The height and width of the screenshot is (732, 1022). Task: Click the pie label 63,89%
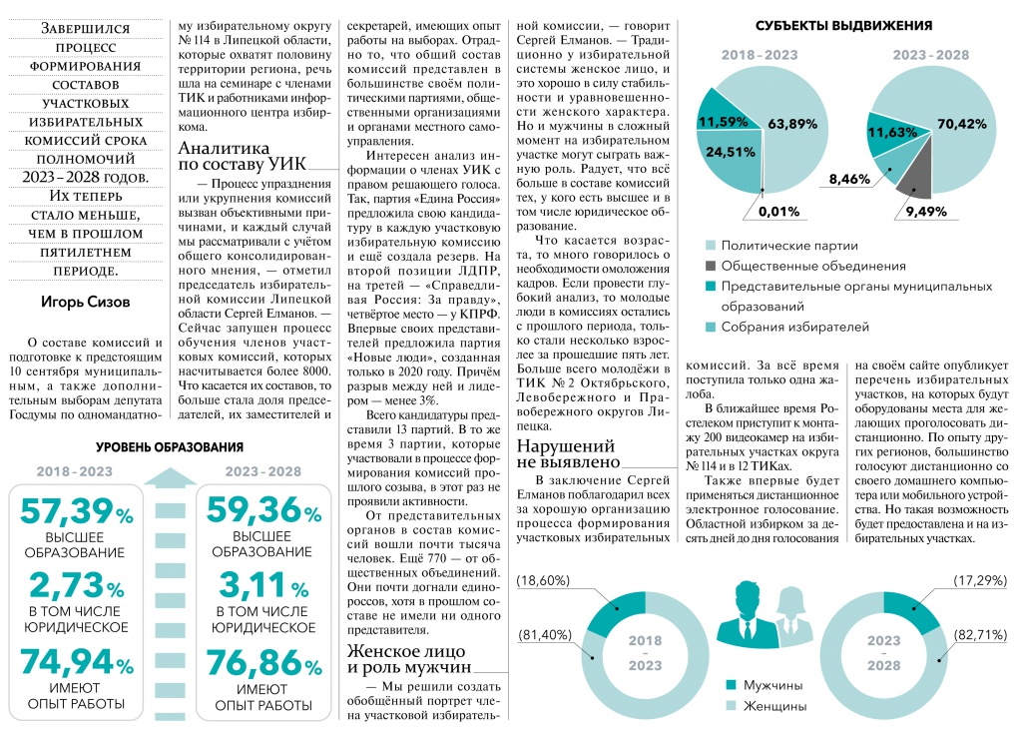click(794, 124)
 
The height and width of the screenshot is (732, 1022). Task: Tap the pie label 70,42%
click(962, 124)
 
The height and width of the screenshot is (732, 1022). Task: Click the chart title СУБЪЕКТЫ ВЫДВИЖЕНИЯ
click(844, 25)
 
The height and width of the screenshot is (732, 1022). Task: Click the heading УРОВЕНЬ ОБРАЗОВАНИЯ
click(170, 447)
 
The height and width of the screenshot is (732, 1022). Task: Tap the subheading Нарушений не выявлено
click(567, 453)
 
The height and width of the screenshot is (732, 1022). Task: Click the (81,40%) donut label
click(546, 636)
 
